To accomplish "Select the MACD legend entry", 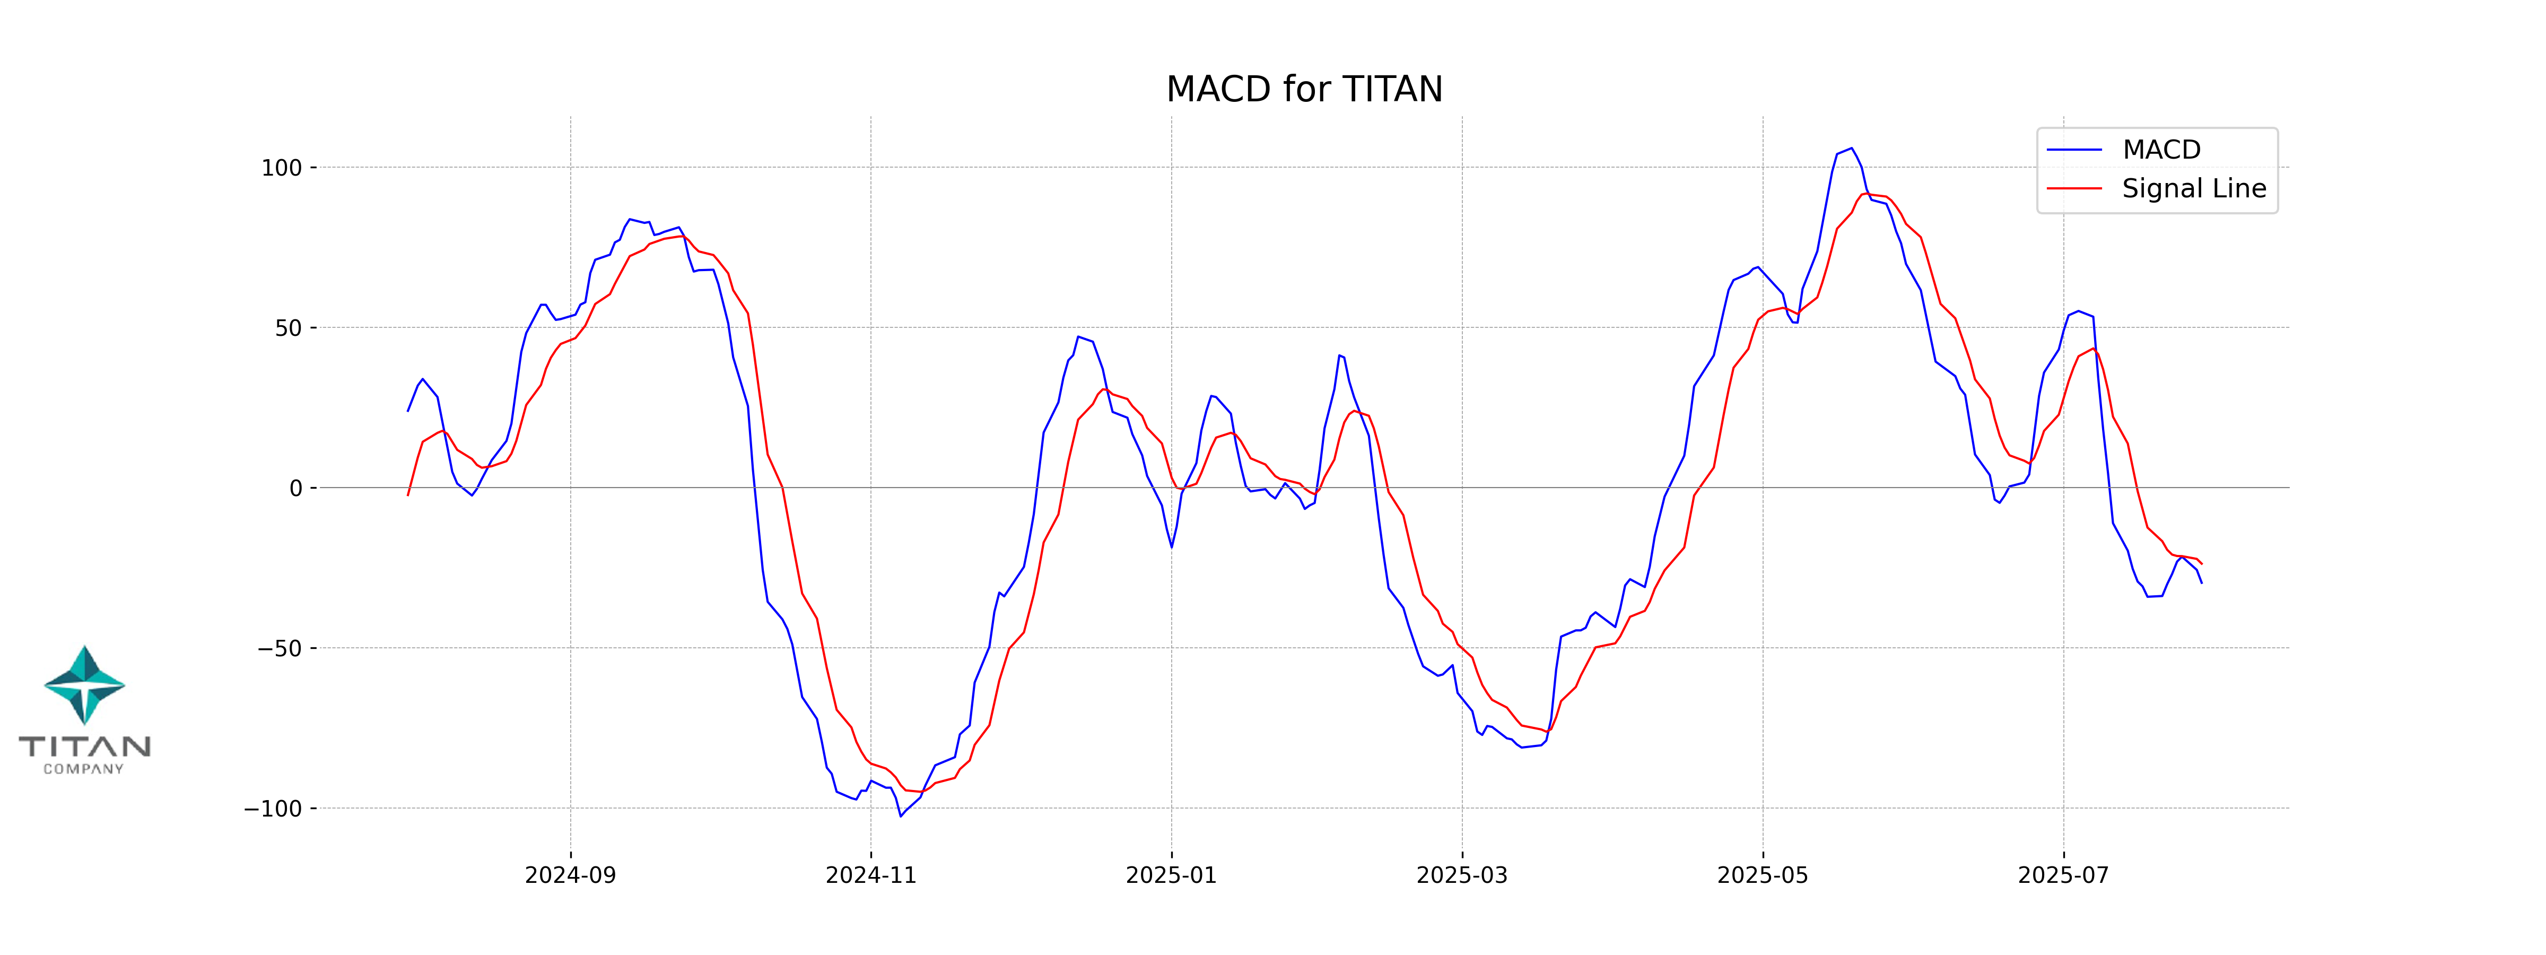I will coord(2160,150).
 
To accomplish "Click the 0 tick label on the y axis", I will coord(295,488).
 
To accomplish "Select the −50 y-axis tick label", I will coord(280,648).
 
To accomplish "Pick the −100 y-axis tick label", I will coord(273,809).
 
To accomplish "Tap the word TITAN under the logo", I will coord(85,746).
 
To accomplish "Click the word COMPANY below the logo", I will coord(84,769).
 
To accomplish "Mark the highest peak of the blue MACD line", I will coord(1851,149).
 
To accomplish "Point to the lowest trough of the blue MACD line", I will coord(901,815).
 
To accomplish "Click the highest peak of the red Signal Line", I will coord(1865,194).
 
